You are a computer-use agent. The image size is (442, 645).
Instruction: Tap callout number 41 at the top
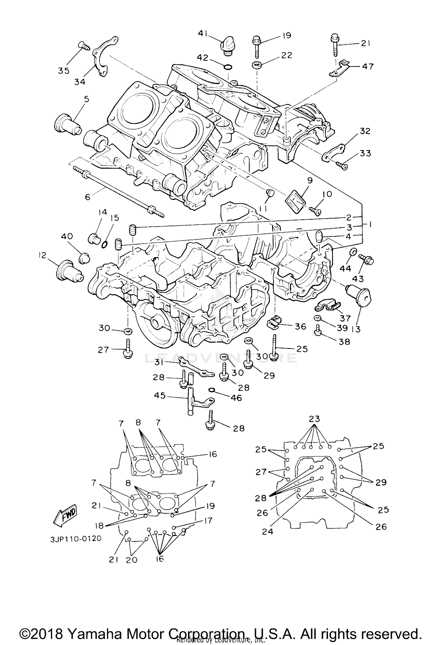click(x=203, y=34)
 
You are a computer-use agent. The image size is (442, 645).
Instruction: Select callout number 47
click(x=367, y=67)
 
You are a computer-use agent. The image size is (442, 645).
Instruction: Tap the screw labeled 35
click(x=84, y=46)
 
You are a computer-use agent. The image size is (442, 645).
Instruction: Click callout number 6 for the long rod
click(x=88, y=197)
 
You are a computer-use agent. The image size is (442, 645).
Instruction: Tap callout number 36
click(x=300, y=326)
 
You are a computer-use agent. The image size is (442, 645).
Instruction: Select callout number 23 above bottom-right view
click(x=314, y=419)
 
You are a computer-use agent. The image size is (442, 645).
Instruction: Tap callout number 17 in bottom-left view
click(x=208, y=521)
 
